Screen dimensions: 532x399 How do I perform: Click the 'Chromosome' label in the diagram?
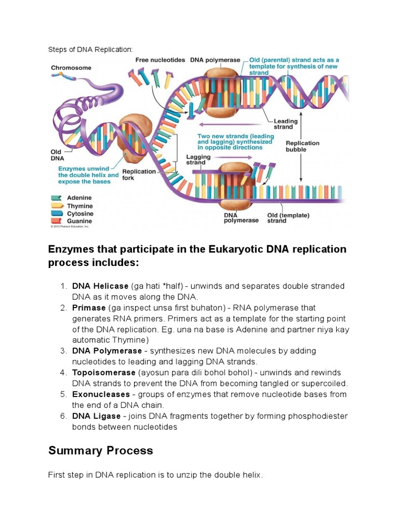tap(71, 68)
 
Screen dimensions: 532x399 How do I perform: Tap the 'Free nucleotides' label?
tap(160, 60)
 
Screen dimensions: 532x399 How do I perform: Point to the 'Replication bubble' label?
tap(303, 146)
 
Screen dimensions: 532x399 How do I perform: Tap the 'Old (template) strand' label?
tap(288, 218)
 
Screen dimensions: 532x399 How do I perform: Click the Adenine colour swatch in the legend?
tap(56, 198)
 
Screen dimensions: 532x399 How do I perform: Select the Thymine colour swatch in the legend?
tap(56, 206)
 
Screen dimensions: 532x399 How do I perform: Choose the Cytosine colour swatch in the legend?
tap(56, 214)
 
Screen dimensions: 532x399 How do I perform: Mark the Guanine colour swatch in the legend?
tap(56, 221)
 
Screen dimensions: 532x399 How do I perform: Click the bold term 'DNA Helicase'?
tap(100, 286)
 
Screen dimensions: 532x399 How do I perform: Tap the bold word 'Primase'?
tap(89, 308)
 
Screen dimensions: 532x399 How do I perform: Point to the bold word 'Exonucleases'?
tap(101, 394)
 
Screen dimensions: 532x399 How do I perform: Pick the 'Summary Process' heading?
tap(101, 450)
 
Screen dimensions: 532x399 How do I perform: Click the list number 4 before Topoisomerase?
tap(62, 373)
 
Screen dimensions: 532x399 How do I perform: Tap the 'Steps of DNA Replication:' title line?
tap(90, 49)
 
